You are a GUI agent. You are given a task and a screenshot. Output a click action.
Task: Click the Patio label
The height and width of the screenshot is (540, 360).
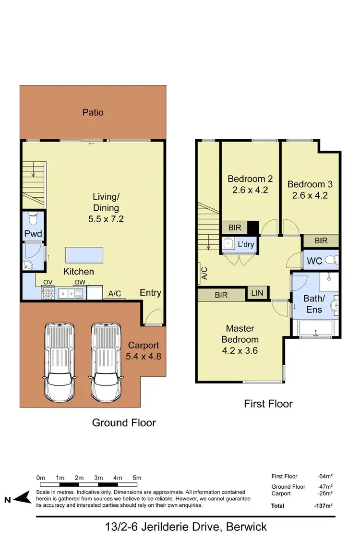(x=93, y=112)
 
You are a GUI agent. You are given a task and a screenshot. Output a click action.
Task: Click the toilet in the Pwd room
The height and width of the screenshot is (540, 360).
(x=33, y=219)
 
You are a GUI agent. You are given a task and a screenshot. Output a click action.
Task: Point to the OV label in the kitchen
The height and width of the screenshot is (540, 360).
(x=48, y=282)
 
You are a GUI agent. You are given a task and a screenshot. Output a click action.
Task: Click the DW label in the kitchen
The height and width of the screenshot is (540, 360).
(x=79, y=282)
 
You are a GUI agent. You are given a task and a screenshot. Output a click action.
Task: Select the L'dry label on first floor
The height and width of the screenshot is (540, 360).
(x=246, y=245)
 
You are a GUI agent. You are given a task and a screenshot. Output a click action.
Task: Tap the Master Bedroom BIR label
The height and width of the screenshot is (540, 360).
(x=221, y=295)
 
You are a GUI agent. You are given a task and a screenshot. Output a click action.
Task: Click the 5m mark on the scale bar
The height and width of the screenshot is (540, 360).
(x=137, y=478)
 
